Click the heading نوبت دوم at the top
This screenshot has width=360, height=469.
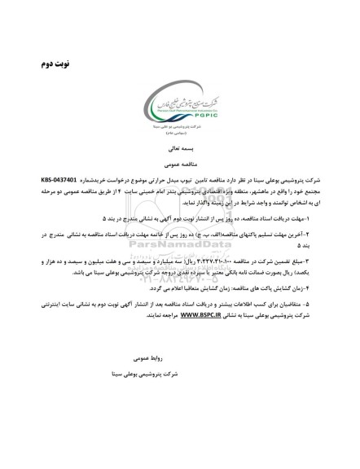(48, 62)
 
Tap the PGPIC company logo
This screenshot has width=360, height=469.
(179, 107)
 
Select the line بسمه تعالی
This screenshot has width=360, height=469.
(181, 149)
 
